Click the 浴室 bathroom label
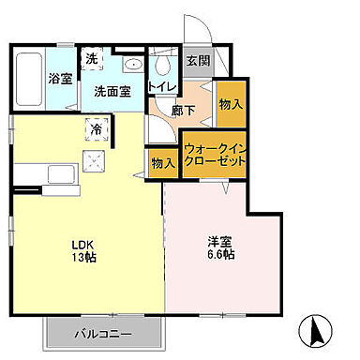point(60,79)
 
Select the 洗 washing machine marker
point(91,58)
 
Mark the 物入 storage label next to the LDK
point(162,163)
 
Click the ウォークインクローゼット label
point(216,155)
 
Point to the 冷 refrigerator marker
point(96,127)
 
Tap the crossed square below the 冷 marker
point(96,160)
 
